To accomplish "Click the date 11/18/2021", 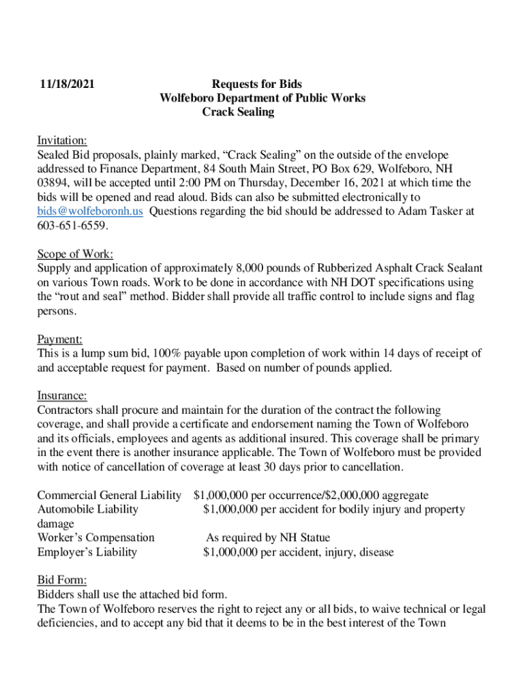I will click(x=65, y=85).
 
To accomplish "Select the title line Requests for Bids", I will click(x=256, y=85).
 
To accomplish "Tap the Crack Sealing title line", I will click(x=238, y=112).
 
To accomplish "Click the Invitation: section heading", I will click(x=62, y=140).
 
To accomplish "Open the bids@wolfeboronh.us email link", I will click(x=90, y=211).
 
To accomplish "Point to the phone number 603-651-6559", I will click(x=72, y=226).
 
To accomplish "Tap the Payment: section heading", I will click(x=59, y=339).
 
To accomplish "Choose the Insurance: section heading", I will click(x=62, y=395).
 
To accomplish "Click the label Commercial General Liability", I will click(x=109, y=496).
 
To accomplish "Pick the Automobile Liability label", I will click(x=87, y=509).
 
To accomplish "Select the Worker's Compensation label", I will click(x=95, y=538).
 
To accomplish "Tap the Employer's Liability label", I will click(x=87, y=552).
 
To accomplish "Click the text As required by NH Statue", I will click(x=268, y=538).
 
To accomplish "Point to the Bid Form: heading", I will click(x=62, y=580).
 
